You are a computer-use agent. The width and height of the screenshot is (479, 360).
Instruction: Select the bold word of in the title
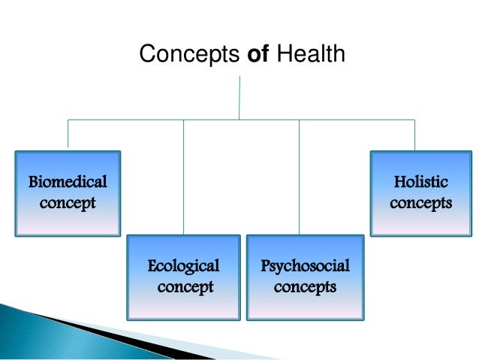pos(259,54)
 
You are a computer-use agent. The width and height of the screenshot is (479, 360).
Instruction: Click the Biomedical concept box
pos(68,193)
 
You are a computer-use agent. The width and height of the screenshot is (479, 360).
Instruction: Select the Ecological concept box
pos(183,277)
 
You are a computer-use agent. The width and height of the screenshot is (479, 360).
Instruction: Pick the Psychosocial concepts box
pos(304,277)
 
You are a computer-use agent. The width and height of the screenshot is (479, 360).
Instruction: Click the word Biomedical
pos(68,182)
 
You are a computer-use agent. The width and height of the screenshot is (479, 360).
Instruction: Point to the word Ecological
pos(183,266)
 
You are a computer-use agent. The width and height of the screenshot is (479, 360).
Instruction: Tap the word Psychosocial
pos(305,266)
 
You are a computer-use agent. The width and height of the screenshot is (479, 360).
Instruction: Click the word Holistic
pos(420,182)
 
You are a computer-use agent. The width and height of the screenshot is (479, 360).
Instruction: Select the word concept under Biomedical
pos(68,204)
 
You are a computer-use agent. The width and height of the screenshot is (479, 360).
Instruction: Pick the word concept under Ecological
pos(185,287)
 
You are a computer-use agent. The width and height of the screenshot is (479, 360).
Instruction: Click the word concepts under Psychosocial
pos(305,287)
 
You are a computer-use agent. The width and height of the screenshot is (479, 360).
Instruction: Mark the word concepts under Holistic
pos(420,203)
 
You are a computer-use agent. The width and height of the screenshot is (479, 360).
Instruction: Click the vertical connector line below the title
pos(239,96)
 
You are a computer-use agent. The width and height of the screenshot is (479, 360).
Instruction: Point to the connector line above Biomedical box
pos(68,134)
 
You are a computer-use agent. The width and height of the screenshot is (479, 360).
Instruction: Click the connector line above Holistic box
pos(414,134)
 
